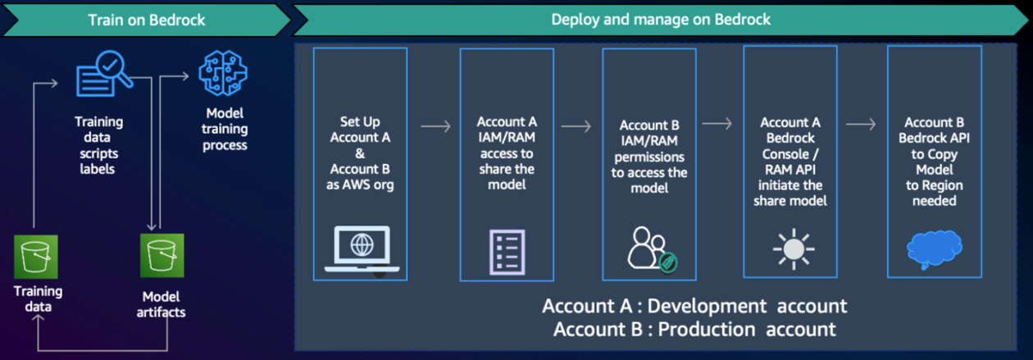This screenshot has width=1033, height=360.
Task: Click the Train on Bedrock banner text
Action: pyautogui.click(x=147, y=20)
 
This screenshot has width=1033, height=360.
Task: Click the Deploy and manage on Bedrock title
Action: pyautogui.click(x=661, y=20)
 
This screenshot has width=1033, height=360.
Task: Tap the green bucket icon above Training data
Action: pyautogui.click(x=36, y=257)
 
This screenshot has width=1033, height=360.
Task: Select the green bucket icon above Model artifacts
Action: pyautogui.click(x=162, y=255)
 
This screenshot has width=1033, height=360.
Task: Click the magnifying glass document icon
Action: pyautogui.click(x=104, y=73)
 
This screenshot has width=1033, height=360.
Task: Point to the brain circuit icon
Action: pyautogui.click(x=223, y=73)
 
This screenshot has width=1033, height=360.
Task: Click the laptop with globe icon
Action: pyautogui.click(x=362, y=248)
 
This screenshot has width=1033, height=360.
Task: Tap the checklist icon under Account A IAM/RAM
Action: pyautogui.click(x=507, y=252)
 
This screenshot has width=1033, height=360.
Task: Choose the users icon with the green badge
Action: pyautogui.click(x=652, y=249)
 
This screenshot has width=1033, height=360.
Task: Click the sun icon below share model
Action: pyautogui.click(x=794, y=248)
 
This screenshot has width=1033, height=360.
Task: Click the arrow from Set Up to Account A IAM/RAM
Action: pyautogui.click(x=435, y=126)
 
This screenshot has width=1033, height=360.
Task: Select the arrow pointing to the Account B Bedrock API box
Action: pyautogui.click(x=861, y=124)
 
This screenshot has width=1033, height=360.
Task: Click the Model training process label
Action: pyautogui.click(x=225, y=130)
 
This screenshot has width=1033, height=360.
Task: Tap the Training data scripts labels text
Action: pyautogui.click(x=98, y=145)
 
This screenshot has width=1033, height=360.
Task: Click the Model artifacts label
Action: pyautogui.click(x=161, y=304)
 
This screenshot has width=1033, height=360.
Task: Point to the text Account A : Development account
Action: pyautogui.click(x=694, y=306)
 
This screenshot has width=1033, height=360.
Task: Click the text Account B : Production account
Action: pyautogui.click(x=694, y=330)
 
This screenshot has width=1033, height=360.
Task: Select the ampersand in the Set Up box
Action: pyautogui.click(x=360, y=153)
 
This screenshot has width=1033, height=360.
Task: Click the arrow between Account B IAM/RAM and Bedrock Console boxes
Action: pyautogui.click(x=717, y=124)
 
